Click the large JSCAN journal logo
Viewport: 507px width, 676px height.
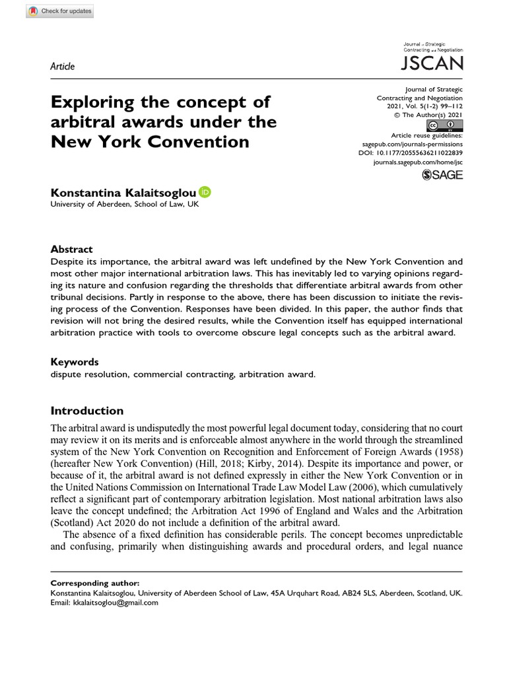(x=432, y=63)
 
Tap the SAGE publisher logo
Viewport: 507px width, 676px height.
(x=442, y=175)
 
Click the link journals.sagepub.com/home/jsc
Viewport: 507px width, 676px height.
(x=418, y=161)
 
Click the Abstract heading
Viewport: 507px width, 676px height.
(x=72, y=250)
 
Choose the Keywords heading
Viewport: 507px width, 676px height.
(x=75, y=362)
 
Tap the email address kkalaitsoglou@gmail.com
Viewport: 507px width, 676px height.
(x=116, y=602)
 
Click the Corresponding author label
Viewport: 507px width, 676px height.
(x=95, y=584)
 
